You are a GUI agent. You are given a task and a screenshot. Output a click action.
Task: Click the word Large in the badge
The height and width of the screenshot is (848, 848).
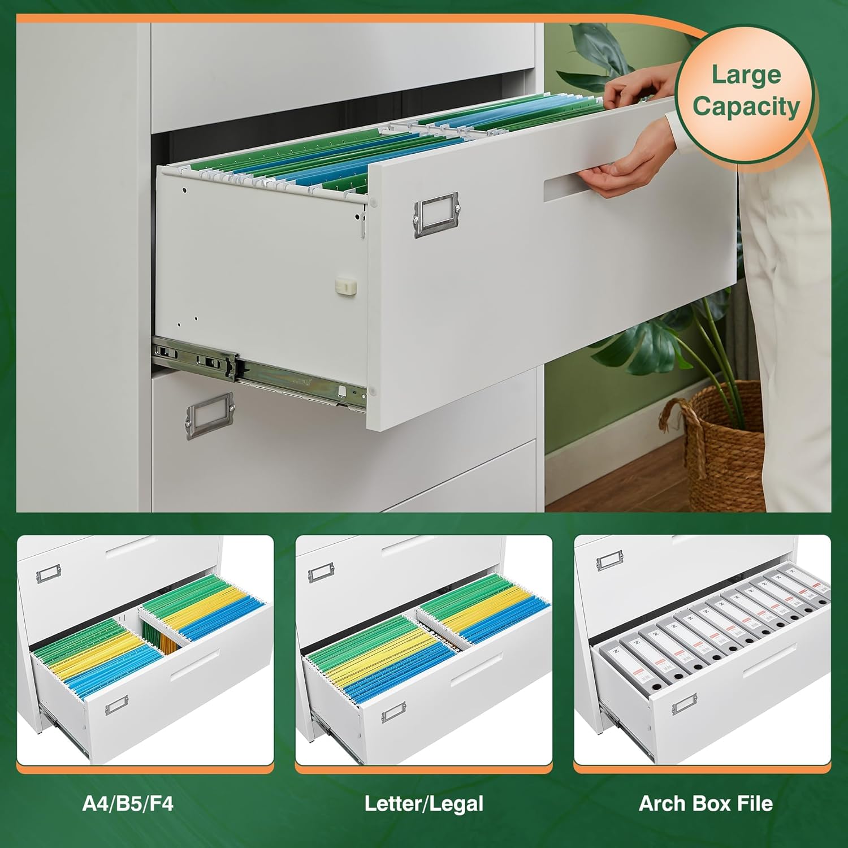point(746,75)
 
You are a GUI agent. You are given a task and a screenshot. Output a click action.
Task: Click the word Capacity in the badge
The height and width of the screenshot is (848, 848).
point(746,106)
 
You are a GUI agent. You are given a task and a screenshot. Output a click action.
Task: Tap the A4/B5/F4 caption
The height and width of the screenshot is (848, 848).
point(128,803)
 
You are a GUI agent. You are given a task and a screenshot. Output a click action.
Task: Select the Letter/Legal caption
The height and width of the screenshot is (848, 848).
point(423,803)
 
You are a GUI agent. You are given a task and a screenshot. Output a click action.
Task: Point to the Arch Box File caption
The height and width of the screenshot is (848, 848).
point(706,803)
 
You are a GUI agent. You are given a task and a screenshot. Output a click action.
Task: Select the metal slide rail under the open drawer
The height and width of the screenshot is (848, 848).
point(254,367)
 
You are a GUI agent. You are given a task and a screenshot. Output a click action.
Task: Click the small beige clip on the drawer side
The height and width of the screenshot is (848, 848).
point(346,286)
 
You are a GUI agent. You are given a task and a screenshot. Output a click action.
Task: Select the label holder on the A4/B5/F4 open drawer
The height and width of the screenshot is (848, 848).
point(116,707)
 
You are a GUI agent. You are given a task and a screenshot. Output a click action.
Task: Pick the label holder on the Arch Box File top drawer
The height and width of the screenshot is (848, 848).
point(609,561)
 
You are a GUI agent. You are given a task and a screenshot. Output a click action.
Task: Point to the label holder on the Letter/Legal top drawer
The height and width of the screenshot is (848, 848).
point(321,574)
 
